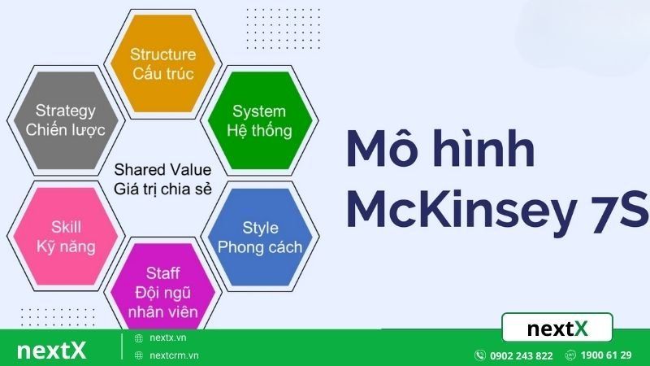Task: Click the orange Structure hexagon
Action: tap(163, 63)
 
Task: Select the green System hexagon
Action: tap(259, 120)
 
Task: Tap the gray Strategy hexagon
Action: tap(66, 120)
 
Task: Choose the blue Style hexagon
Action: tap(260, 237)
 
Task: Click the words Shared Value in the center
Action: tap(162, 170)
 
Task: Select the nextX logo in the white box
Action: tap(557, 329)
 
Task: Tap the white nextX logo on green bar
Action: tap(50, 351)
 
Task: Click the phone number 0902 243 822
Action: tap(521, 355)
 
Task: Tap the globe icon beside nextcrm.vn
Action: tap(139, 355)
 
